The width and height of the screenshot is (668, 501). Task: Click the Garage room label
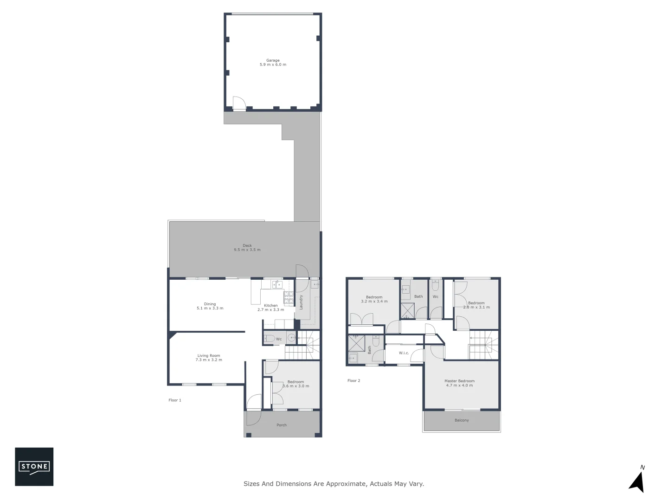[x=273, y=60]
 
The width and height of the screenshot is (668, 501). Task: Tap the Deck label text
[x=247, y=245]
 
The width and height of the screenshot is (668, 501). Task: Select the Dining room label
[x=210, y=304]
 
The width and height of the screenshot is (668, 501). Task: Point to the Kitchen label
[x=271, y=306]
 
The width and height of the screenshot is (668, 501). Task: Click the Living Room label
[x=209, y=356]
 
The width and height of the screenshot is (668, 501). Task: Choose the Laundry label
[x=302, y=302]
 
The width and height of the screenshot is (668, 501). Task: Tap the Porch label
[x=282, y=425]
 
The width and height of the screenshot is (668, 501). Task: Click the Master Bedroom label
[x=459, y=381]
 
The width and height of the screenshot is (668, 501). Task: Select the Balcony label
[x=462, y=420]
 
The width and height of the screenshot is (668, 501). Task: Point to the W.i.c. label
[x=404, y=353]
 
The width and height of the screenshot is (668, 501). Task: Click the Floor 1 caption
[x=175, y=400]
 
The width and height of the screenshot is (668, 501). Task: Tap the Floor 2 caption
[x=353, y=380]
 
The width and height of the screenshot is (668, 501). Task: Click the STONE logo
[x=34, y=467]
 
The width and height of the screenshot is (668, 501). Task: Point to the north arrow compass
[x=637, y=481]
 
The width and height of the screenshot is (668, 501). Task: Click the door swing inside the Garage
[x=238, y=103]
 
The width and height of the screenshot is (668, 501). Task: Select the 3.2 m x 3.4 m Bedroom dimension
[x=374, y=302]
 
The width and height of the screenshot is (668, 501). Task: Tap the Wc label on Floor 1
[x=279, y=339]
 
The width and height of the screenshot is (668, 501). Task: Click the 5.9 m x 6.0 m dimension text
[x=273, y=65]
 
